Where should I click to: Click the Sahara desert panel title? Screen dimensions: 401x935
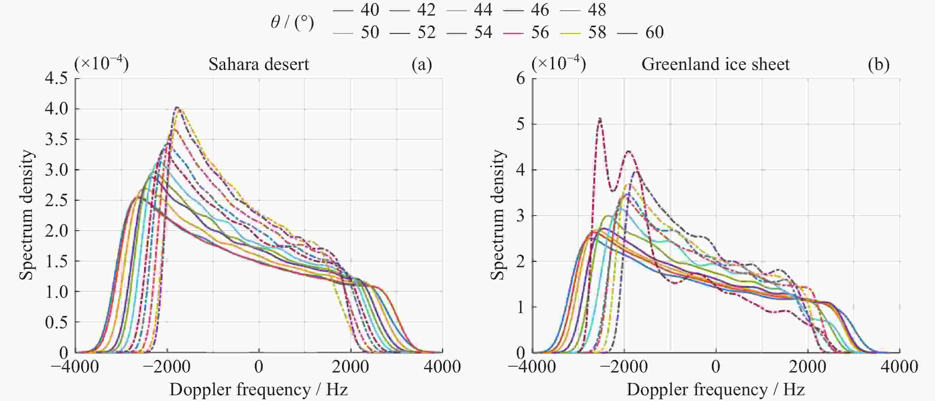coord(259,64)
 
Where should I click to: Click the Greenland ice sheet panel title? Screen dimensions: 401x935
coord(715,64)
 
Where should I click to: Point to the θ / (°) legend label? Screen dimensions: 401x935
coord(292,22)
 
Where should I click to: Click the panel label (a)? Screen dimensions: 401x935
coord(421,64)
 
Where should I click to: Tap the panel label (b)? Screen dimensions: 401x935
coord(878,64)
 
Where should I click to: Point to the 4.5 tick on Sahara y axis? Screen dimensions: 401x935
coord(56,78)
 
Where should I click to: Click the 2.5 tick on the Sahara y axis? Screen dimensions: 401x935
coord(56,200)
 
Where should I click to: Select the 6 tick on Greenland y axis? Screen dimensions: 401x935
coord(520,78)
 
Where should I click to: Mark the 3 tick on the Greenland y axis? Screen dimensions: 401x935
coord(520,216)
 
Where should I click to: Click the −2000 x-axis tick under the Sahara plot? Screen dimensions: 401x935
coord(167,367)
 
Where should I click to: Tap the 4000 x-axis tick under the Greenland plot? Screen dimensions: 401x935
coord(899,367)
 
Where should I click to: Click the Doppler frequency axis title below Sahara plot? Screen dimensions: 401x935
coord(259,390)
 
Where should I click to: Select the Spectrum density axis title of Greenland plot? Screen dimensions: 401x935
coord(498,215)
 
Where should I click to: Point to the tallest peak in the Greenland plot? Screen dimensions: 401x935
coord(600,119)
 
